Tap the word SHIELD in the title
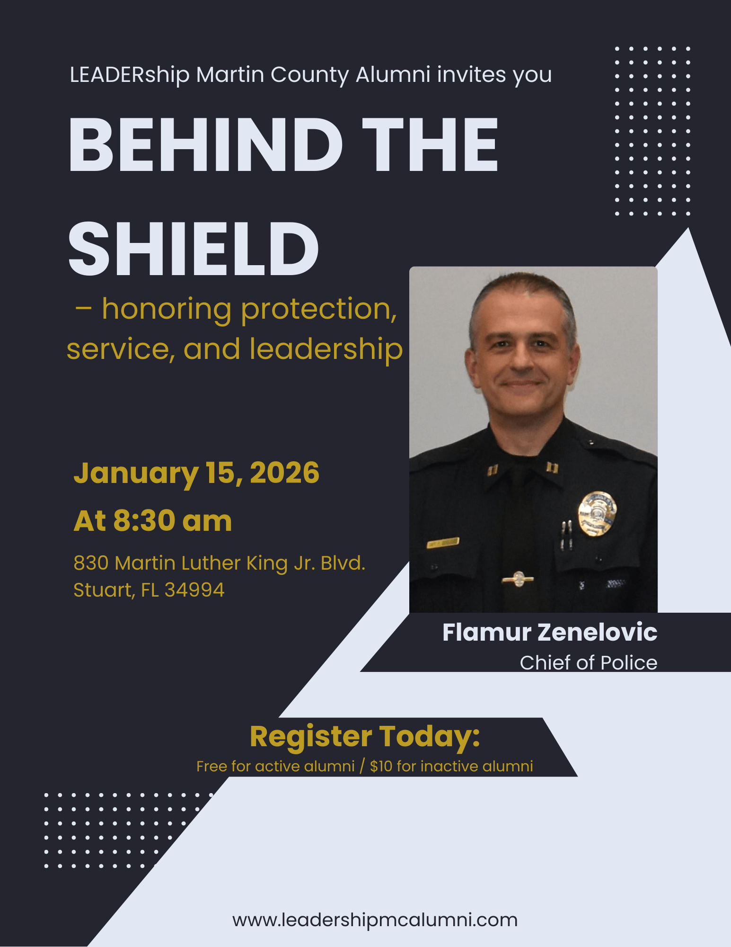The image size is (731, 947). click(x=194, y=249)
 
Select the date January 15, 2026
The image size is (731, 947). click(x=196, y=473)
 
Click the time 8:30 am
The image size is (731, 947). click(x=173, y=521)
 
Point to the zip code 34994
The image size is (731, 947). click(x=194, y=590)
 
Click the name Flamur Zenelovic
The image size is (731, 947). click(x=550, y=632)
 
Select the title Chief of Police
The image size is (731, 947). click(x=589, y=663)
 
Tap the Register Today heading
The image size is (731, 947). click(x=365, y=737)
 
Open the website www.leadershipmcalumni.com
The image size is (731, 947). click(x=375, y=920)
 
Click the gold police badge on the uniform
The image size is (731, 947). click(x=597, y=514)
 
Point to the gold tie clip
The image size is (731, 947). click(x=518, y=579)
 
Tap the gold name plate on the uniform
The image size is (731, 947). click(x=443, y=543)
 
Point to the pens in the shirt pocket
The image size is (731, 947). click(x=566, y=535)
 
